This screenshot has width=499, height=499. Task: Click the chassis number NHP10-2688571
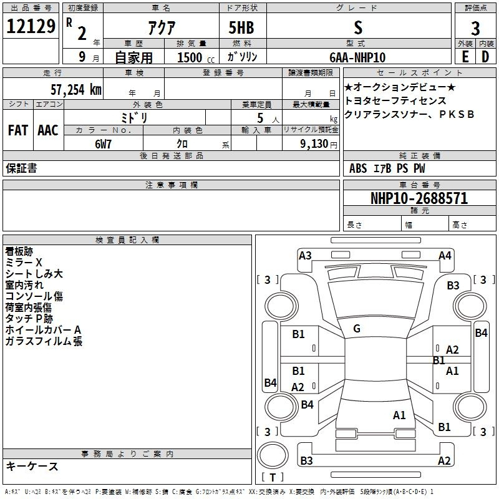[419, 198]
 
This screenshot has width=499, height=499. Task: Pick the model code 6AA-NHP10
[357, 57]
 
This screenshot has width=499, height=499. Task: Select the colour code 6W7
[104, 143]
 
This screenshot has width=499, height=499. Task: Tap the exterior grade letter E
[465, 57]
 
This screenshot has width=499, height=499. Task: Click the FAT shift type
[17, 130]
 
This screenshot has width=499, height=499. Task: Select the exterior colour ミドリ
[134, 117]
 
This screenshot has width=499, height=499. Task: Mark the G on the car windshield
[357, 329]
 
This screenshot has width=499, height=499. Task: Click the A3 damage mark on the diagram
[305, 255]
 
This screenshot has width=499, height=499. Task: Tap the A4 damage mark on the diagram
[445, 255]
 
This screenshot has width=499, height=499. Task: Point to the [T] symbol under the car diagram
[273, 477]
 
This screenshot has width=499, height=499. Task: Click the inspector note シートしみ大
[34, 274]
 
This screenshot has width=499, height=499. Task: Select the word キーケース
[32, 467]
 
